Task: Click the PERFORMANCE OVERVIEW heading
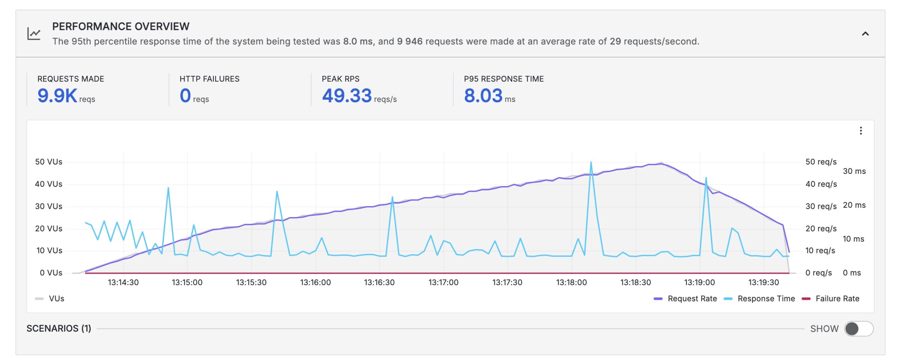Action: coord(120,26)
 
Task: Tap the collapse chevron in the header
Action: coord(865,34)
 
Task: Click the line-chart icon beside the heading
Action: coord(34,34)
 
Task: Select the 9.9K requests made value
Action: coord(57,96)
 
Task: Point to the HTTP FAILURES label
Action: coord(209,79)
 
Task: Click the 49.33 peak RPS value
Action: coord(347,96)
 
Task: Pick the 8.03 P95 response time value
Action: coord(483,96)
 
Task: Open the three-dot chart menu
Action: coord(860,131)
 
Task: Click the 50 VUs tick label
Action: coord(48,162)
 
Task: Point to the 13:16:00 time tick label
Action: coord(315,282)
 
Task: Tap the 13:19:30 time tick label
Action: coord(763,282)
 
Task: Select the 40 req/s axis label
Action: coord(821,184)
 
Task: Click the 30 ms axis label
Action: coord(854,171)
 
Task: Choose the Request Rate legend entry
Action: coord(691,299)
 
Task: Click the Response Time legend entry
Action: coord(766,299)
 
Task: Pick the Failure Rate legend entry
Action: coord(837,299)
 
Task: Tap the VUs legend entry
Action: coord(56,299)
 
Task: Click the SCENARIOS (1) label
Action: coord(59,328)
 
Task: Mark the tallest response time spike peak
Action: coord(591,162)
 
